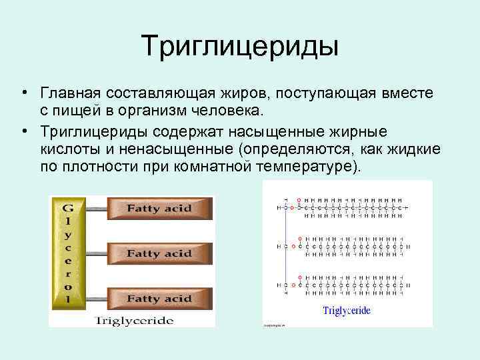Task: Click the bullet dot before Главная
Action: coord(23,91)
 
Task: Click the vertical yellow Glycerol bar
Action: coord(67,253)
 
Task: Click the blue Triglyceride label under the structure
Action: coord(346,310)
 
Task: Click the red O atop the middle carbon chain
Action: coord(299,238)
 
